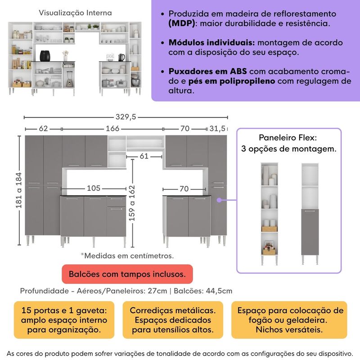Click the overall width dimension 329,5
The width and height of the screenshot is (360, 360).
(x=126, y=117)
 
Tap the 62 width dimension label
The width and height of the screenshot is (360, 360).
(x=43, y=129)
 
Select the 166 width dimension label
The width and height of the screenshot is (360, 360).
(x=112, y=129)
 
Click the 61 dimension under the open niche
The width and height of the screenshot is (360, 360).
(x=144, y=157)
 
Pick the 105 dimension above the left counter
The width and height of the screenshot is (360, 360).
(x=94, y=188)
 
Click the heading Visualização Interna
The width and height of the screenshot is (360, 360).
(x=75, y=13)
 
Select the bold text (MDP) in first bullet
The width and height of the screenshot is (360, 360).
(x=182, y=23)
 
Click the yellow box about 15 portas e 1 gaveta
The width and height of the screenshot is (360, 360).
(x=64, y=320)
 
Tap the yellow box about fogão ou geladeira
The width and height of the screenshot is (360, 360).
(x=290, y=320)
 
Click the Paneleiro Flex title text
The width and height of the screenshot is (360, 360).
(x=288, y=138)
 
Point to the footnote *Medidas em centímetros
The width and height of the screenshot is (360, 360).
(x=127, y=256)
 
